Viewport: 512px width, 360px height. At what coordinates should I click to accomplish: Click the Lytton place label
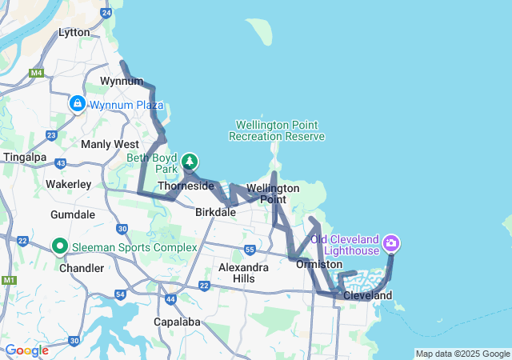tap(74, 33)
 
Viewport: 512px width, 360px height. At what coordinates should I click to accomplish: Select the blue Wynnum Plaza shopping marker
tap(78, 104)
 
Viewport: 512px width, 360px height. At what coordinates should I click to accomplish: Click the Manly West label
tap(110, 144)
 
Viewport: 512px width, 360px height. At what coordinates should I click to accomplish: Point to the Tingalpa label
tap(26, 157)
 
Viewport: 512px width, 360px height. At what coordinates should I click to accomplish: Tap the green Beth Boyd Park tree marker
tap(190, 162)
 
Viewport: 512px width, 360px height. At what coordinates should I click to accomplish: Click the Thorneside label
tap(186, 186)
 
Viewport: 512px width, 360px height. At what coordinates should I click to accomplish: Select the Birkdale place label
tap(215, 213)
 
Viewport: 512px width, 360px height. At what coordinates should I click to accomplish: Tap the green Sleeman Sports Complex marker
tap(59, 246)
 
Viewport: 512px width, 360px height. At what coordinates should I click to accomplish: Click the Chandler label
tap(82, 268)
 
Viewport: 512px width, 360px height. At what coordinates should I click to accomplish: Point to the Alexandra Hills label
tap(243, 272)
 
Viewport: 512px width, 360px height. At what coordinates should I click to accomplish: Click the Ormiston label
tap(319, 264)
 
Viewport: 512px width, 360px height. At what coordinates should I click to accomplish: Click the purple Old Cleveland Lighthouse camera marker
tap(391, 242)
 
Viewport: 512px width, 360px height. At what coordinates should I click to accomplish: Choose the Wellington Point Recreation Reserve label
tap(277, 130)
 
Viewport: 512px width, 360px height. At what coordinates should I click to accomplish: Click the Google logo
tap(26, 350)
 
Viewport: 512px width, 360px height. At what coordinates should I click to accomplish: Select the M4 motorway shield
tap(36, 73)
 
